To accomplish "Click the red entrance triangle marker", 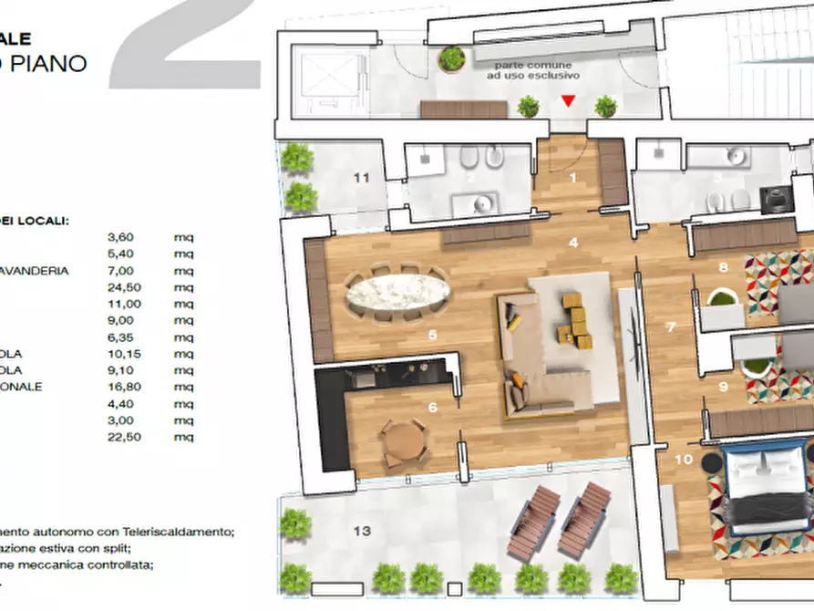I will [568, 101].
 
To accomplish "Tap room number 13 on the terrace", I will [362, 531].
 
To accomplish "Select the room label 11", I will [362, 178].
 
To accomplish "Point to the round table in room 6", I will [402, 442].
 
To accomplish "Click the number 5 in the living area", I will [432, 335].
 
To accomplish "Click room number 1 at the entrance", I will [573, 178].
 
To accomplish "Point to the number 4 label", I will [573, 243].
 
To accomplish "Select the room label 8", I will [723, 267].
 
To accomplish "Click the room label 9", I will [723, 386].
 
